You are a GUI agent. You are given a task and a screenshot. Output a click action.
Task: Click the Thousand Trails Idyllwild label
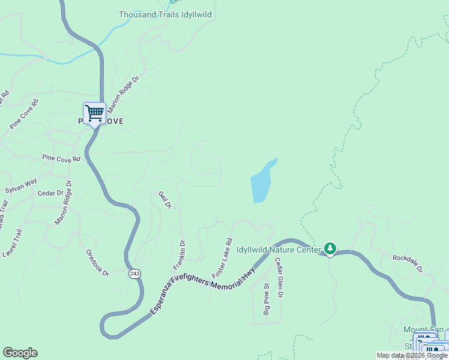tap(165, 14)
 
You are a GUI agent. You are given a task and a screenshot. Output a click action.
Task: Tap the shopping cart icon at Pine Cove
tap(94, 112)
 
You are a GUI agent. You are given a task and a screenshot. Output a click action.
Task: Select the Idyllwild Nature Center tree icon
tap(330, 248)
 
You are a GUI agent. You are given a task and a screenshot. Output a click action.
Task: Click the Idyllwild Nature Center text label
tap(279, 250)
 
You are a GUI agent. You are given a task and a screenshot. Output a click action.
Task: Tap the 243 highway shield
tap(134, 274)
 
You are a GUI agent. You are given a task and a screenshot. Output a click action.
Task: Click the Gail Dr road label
tap(164, 200)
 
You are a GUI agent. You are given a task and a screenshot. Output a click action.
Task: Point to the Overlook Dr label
tap(97, 263)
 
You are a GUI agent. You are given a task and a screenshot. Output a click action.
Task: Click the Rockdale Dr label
tap(408, 262)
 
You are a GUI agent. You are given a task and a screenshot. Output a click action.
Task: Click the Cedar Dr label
tap(50, 193)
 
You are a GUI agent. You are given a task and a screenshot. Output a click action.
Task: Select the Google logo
tap(20, 353)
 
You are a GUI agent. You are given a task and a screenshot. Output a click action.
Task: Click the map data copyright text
tap(411, 355)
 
